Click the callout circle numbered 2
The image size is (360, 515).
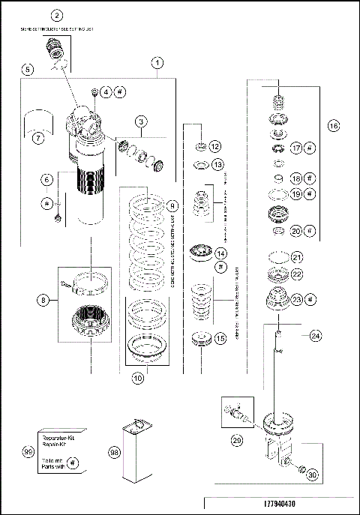click(57, 15)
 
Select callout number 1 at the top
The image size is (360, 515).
click(157, 62)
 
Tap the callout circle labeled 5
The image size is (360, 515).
click(28, 70)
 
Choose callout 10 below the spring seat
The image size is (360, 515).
click(137, 379)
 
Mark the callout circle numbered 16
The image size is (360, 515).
click(333, 127)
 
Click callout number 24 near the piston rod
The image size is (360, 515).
click(315, 337)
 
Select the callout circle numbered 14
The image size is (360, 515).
click(220, 253)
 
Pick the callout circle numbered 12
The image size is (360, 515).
click(215, 146)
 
